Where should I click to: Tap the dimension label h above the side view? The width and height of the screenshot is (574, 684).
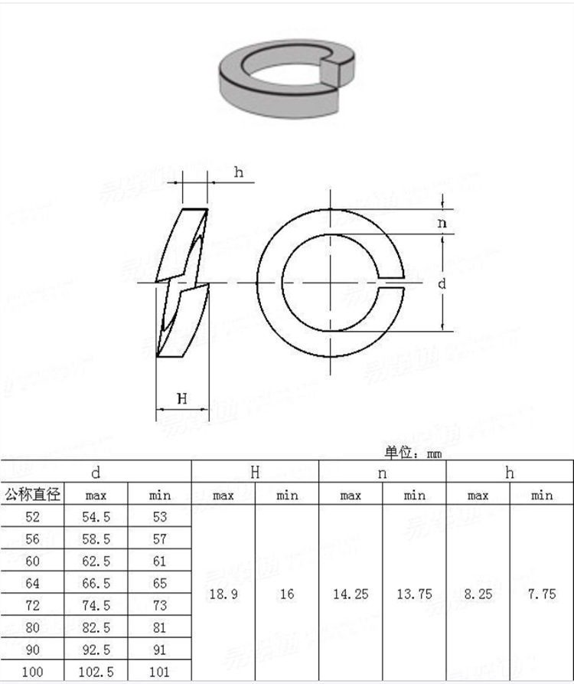tap(239, 172)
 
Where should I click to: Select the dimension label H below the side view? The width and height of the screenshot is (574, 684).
tap(181, 398)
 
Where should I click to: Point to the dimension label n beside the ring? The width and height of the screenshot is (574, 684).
tap(442, 223)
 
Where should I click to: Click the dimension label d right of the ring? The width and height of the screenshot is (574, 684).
tap(442, 283)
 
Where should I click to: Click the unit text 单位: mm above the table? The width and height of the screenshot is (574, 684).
tap(413, 453)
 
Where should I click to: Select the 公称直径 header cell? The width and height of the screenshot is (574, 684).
tap(32, 494)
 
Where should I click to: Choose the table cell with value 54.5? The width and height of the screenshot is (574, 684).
tap(96, 517)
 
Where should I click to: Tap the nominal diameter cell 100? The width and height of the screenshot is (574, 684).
tap(32, 673)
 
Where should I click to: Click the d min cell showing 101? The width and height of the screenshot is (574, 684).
tap(159, 673)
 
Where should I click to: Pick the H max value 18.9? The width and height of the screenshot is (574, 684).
tap(223, 594)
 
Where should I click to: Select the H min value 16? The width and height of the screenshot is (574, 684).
tap(287, 594)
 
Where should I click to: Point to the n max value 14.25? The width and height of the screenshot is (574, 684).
tap(351, 594)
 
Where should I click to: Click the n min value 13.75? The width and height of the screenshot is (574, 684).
tap(414, 594)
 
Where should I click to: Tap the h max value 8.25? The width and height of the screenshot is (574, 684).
tap(478, 594)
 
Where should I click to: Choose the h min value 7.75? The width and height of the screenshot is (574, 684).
tap(541, 594)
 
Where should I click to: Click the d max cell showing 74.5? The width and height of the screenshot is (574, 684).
tap(96, 605)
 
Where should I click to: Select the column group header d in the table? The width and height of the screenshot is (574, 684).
tap(96, 472)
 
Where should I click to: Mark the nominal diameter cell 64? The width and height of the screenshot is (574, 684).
tap(32, 583)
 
